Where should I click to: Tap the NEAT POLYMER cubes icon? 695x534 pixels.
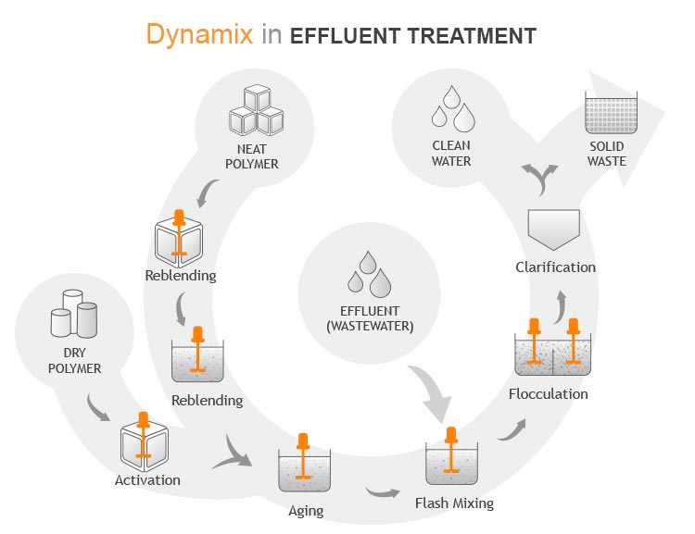coord(256,111)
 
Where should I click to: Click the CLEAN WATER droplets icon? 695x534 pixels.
coord(451,109)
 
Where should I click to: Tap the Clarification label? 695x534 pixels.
coord(555,267)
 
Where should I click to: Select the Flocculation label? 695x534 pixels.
coord(549,394)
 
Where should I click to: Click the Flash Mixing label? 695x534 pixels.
coord(454,503)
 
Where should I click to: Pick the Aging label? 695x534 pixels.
coord(306,510)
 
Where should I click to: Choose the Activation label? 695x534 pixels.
coord(147,480)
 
